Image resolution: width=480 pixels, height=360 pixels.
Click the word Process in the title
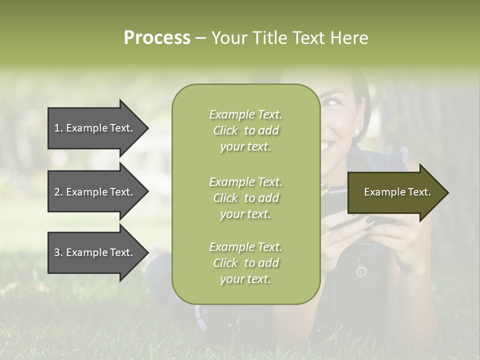[x=157, y=38]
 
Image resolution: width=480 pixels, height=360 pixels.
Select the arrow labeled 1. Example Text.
[x=95, y=128]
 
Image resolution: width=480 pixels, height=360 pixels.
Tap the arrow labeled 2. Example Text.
[x=95, y=192]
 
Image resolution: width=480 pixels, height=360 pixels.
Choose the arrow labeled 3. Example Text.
[x=95, y=253]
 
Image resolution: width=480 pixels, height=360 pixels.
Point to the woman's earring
[x=356, y=131]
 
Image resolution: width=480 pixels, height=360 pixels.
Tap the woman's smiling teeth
[x=327, y=146]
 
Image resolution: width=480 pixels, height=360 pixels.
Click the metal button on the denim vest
[x=361, y=271]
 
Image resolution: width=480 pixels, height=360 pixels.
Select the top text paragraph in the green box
[x=245, y=130]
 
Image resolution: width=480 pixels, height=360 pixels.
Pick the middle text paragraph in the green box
[x=245, y=198]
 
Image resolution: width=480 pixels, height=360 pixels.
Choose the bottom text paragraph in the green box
[x=245, y=263]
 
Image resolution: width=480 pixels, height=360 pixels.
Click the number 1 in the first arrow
[x=56, y=128]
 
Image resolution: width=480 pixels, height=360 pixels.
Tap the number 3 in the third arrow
[x=57, y=253]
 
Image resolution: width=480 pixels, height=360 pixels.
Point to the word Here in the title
[x=349, y=38]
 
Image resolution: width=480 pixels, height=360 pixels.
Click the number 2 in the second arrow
[x=57, y=192]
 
